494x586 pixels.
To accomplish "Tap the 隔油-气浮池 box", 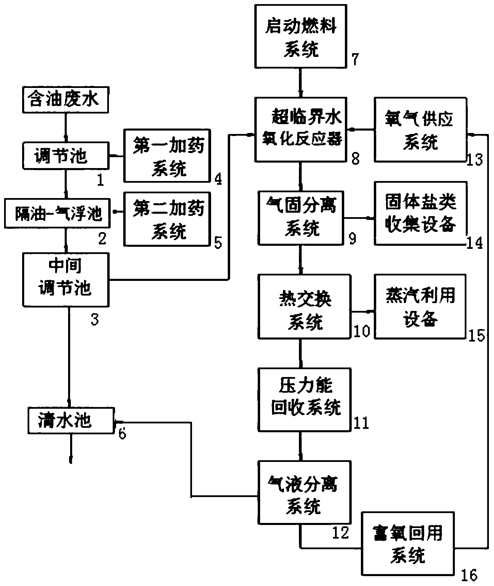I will click(57, 214).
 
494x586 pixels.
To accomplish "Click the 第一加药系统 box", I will click(166, 156).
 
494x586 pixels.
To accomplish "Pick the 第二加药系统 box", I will click(166, 219).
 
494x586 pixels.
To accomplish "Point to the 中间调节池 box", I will click(66, 279).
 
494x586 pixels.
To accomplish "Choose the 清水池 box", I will click(70, 420).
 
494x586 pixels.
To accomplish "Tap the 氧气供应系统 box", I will click(420, 129).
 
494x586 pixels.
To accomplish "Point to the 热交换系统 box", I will click(304, 306).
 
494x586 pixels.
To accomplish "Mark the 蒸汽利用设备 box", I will click(420, 306).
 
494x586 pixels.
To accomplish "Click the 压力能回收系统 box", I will click(304, 399).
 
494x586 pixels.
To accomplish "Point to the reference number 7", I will click(355, 60).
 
